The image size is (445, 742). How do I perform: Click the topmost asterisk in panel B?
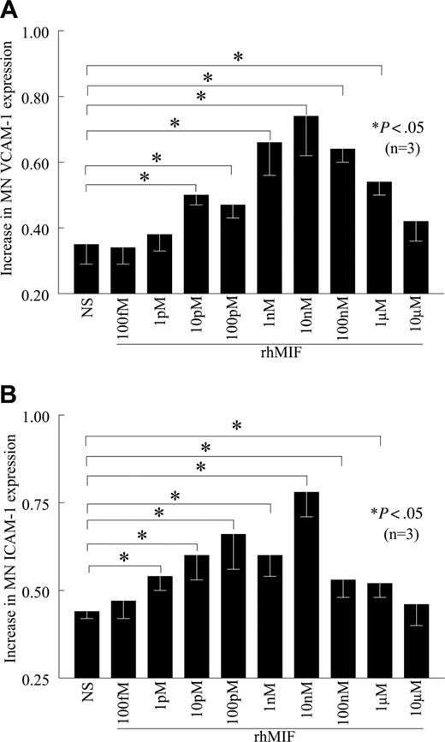pos(237,425)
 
